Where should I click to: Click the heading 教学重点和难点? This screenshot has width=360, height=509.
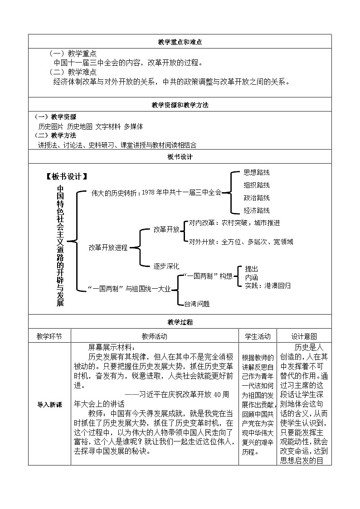point(180,42)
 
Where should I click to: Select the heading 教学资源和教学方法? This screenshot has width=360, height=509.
point(180,105)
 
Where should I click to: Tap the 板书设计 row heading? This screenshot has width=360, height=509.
point(180,157)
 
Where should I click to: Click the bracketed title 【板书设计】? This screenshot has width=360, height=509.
point(67,177)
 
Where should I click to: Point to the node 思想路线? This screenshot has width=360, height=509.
point(257,173)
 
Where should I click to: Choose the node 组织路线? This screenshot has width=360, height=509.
point(257,185)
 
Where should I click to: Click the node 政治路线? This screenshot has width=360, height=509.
point(257,198)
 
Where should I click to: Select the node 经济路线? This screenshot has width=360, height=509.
point(257,210)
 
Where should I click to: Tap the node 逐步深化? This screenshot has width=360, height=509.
point(166,266)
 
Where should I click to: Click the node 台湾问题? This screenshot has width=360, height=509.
point(197,304)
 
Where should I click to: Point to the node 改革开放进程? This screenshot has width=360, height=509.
point(108,247)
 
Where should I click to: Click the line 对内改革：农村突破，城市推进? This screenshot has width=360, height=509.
point(234,223)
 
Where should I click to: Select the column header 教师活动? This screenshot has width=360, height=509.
point(155,336)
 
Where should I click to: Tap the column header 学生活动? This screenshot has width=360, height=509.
point(258,336)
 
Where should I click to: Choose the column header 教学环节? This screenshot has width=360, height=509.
point(49,336)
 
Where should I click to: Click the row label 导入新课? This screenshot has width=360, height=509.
point(49,404)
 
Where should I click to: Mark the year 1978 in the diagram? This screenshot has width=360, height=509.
point(149,192)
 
